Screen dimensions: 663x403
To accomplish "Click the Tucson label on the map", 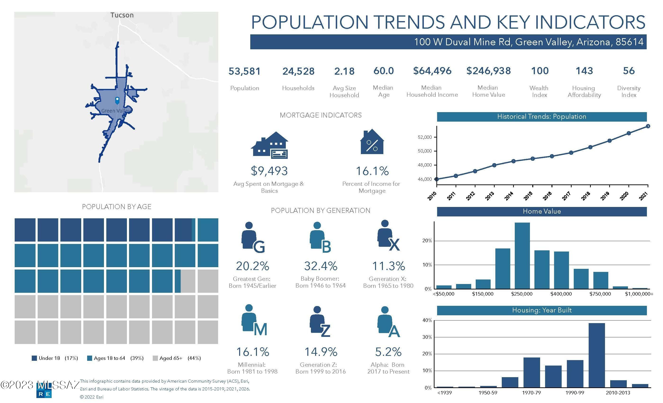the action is pyautogui.click(x=122, y=15).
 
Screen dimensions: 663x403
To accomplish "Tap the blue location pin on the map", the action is pyautogui.click(x=117, y=101).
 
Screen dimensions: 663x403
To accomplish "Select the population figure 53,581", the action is pyautogui.click(x=245, y=71).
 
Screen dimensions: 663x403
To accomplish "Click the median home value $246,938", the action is pyautogui.click(x=488, y=71).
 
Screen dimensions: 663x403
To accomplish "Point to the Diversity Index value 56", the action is pyautogui.click(x=629, y=71).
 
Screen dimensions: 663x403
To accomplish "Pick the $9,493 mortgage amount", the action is pyautogui.click(x=269, y=171).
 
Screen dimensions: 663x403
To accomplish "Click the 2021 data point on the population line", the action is pyautogui.click(x=648, y=126).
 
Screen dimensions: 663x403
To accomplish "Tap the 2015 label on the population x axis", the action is pyautogui.click(x=528, y=196).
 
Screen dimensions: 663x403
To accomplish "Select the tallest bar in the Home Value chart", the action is pyautogui.click(x=522, y=256).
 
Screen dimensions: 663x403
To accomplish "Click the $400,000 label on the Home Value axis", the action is pyautogui.click(x=561, y=294).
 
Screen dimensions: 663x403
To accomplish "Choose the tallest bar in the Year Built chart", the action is pyautogui.click(x=596, y=355).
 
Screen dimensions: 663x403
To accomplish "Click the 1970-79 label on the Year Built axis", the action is pyautogui.click(x=531, y=393).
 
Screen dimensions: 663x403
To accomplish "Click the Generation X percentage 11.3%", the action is pyautogui.click(x=388, y=266).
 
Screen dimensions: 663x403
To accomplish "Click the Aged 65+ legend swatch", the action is pyautogui.click(x=155, y=358).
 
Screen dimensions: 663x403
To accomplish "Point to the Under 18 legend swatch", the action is pyautogui.click(x=34, y=358).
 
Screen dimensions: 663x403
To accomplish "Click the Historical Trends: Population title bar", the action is pyautogui.click(x=542, y=117).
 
